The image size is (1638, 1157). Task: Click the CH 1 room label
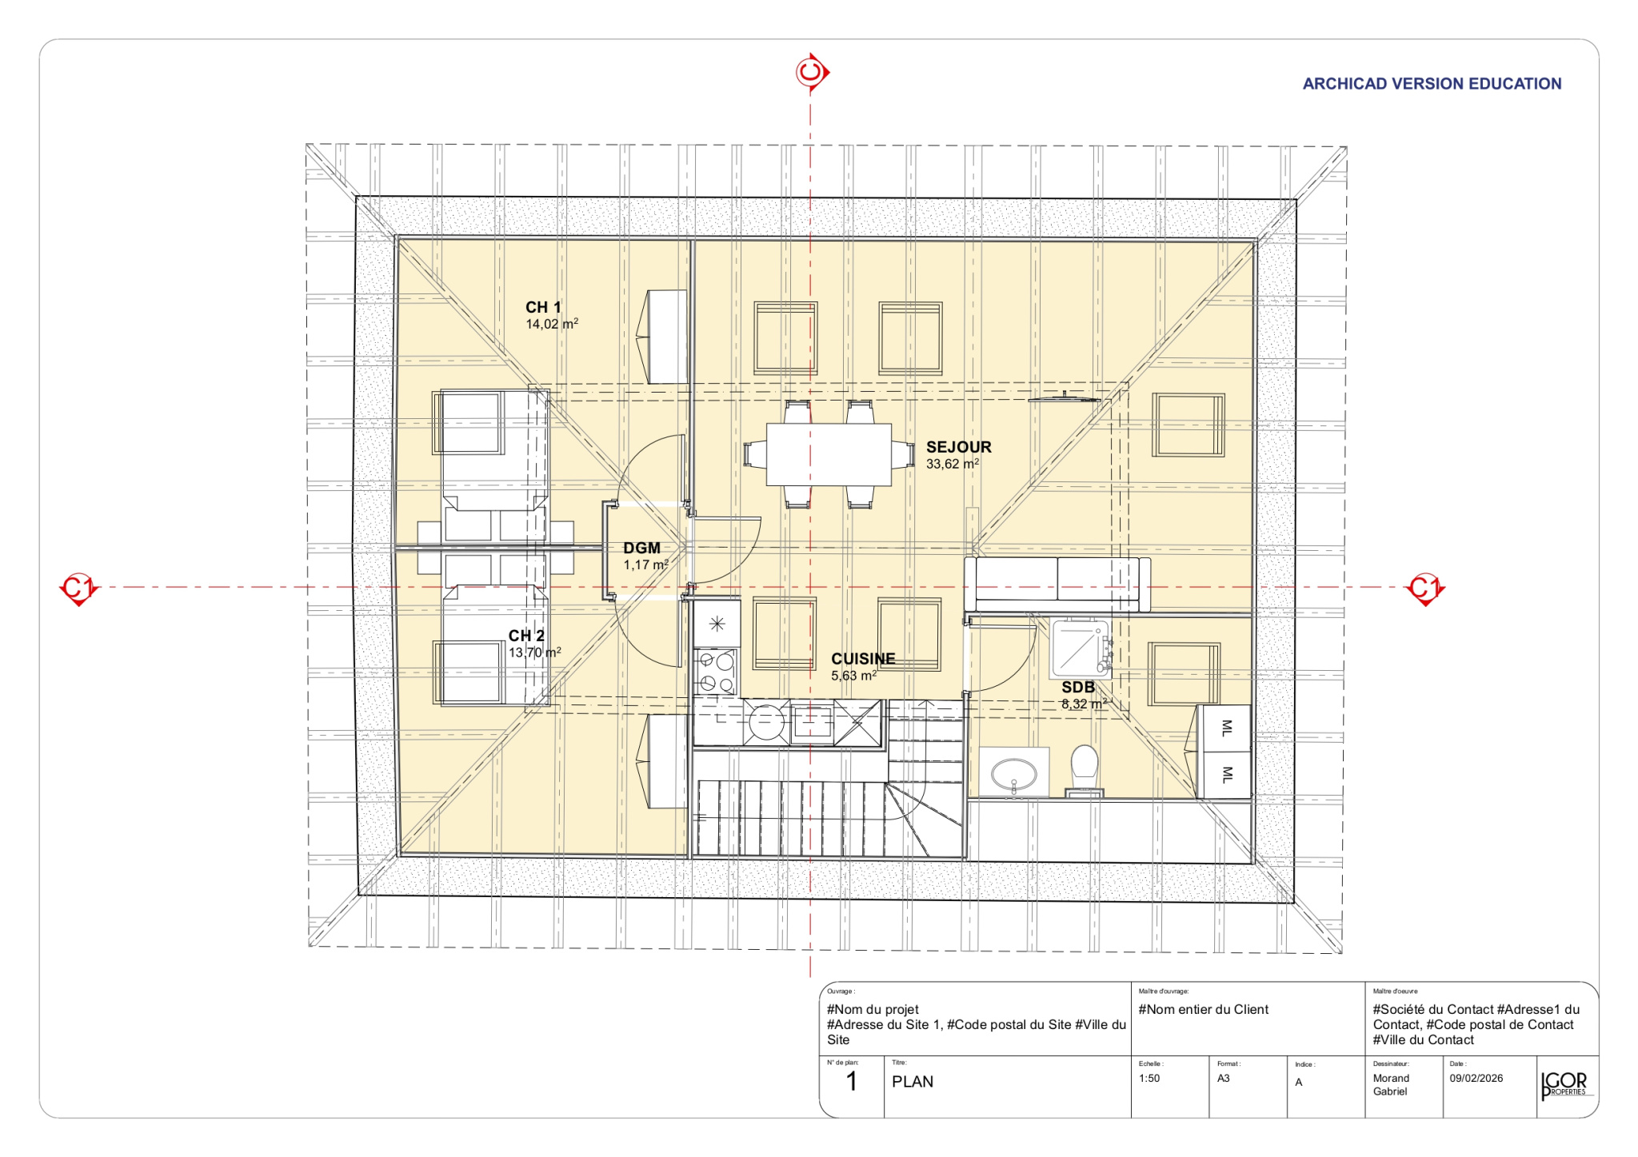(543, 307)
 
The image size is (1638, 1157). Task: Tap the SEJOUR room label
(958, 447)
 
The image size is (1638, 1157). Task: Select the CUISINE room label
(863, 659)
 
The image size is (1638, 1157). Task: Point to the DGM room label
(641, 548)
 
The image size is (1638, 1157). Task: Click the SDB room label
(1077, 687)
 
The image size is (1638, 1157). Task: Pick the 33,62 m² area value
(953, 464)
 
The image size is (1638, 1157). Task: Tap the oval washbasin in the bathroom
(1013, 775)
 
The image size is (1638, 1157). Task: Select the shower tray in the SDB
(1081, 648)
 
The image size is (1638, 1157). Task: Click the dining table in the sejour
(829, 454)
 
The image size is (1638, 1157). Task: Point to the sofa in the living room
(1057, 584)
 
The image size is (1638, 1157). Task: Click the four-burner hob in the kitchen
(716, 672)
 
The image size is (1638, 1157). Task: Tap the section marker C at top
(812, 73)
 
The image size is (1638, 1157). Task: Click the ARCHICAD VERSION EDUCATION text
(1432, 84)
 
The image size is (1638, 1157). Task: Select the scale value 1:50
(1149, 1079)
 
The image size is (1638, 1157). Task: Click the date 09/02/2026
(1476, 1079)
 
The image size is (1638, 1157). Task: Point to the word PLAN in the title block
(913, 1082)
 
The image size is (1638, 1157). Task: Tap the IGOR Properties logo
(1566, 1086)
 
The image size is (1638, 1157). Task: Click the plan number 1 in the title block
(852, 1082)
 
